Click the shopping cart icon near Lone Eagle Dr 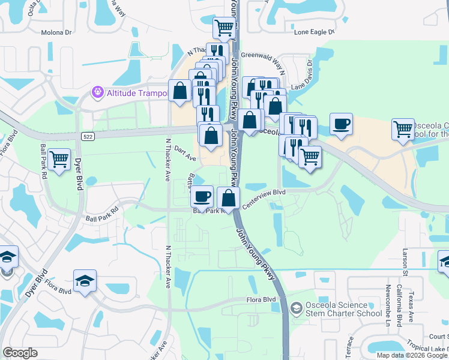click(x=224, y=27)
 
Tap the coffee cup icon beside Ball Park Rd click(x=202, y=196)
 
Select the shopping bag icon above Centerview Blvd click(x=228, y=197)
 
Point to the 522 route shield click(x=86, y=137)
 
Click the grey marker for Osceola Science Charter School click(x=295, y=309)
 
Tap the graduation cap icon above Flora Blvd click(x=85, y=280)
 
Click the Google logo click(x=20, y=353)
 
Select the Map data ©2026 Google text click(x=411, y=355)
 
